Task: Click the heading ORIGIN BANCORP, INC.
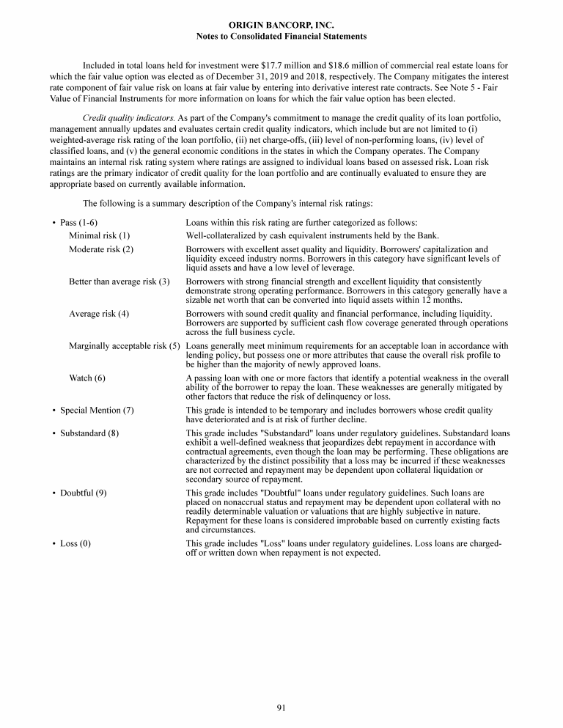tap(281, 25)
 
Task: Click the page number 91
tap(281, 707)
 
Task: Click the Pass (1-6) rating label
tap(79, 222)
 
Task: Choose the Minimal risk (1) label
tap(99, 235)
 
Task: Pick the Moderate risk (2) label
tap(101, 249)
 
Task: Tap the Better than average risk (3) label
tap(119, 282)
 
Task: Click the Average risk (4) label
tap(99, 314)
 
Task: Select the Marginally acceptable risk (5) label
tap(125, 346)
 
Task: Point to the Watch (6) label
tap(87, 378)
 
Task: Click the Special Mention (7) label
tap(97, 411)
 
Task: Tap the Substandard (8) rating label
tap(89, 433)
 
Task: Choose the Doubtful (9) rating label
tap(84, 493)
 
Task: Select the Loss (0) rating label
tap(76, 543)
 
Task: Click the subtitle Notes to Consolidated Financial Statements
tap(281, 36)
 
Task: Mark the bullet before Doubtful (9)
tap(54, 493)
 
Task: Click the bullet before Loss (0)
tap(54, 543)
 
